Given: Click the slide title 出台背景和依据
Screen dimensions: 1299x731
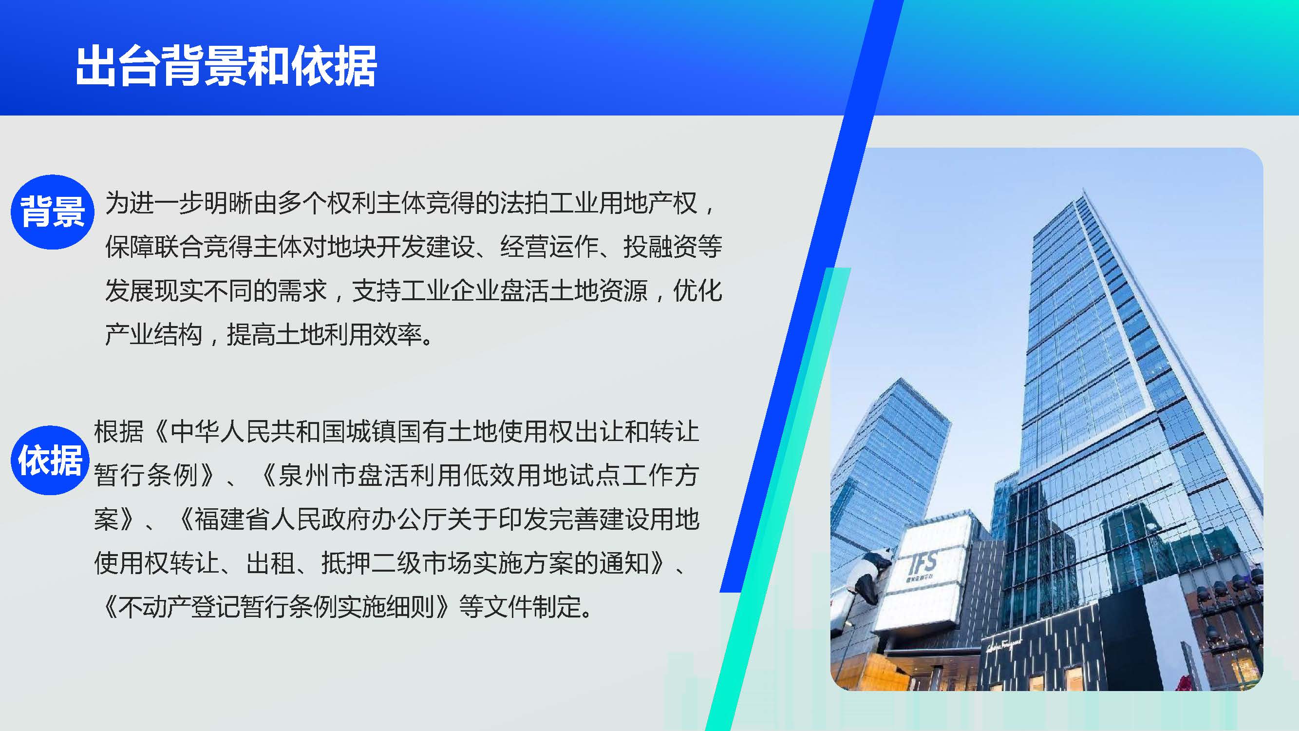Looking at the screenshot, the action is coord(226,66).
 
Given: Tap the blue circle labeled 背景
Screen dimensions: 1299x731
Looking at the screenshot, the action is coord(53,212).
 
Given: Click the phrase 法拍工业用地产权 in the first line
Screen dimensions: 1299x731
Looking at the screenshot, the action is coord(599,203).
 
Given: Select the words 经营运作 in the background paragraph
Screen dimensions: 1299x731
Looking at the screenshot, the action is coord(548,247).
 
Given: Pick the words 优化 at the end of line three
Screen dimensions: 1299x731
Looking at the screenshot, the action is coord(698,290).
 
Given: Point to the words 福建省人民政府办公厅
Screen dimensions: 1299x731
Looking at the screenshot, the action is coord(320,519).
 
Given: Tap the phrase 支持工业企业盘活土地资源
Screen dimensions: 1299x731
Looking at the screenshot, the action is coord(500,290).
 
